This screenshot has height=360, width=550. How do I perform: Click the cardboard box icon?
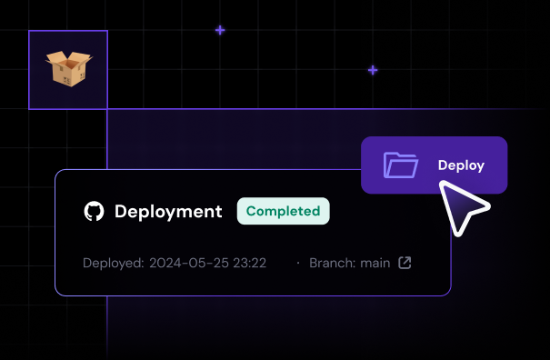point(70,70)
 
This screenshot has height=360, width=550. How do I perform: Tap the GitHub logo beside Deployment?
point(94,212)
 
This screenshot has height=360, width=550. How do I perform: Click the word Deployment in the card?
point(168,212)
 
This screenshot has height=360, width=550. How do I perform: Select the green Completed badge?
point(283,211)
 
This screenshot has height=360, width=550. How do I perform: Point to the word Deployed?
point(113,264)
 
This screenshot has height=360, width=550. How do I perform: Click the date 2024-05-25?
point(188,264)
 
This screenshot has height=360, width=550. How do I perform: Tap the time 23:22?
point(248,264)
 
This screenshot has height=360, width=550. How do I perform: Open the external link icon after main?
point(405,264)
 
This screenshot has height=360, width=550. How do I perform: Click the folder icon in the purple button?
point(400,165)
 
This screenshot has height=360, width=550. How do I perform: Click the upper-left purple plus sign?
point(220,30)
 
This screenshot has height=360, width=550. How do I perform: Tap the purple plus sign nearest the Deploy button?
point(373,70)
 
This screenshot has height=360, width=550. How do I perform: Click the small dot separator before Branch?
point(297,264)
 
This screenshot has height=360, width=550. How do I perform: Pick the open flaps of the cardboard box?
point(69,60)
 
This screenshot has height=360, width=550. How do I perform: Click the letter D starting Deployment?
point(121,212)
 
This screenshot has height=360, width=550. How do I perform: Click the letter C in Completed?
point(252,211)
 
